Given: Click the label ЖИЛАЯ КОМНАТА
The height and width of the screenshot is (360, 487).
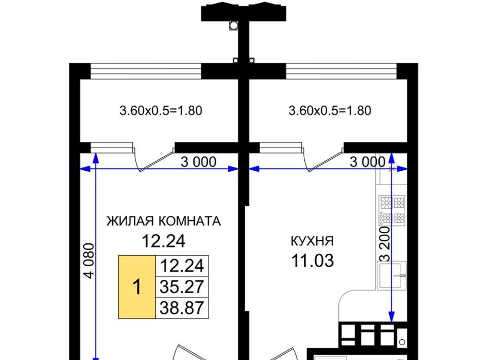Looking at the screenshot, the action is coord(164,221).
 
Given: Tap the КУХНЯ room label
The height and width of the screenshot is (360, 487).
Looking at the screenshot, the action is coord(312,241).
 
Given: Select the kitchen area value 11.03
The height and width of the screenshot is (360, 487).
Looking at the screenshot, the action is coord(312,261).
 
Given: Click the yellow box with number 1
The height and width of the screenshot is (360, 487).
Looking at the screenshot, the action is coord(137,287).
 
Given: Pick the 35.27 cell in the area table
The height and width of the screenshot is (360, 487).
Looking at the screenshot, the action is coord(182,287).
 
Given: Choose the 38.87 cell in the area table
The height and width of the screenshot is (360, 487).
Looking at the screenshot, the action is coord(182,308).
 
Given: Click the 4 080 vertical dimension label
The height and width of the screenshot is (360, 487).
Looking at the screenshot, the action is coord(89,261).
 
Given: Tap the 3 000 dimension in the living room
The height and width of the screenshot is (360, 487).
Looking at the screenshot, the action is coord(198,162).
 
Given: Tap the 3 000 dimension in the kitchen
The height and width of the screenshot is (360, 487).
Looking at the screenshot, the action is coord(368,162).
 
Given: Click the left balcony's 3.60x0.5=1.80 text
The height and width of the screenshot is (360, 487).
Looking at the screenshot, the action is coord(161,111).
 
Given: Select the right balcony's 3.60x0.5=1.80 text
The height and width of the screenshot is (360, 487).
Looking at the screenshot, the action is coord(330,111).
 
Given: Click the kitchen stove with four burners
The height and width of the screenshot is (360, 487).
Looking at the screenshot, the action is coord(392,210).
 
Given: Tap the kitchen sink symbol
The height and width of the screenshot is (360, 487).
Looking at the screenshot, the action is coord(392,275).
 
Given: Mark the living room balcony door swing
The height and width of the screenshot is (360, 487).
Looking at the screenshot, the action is coord(154,160).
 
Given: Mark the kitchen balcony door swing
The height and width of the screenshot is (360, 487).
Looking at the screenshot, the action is coord(323,160).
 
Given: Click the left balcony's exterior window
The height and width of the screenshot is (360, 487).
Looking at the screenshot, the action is coord(146,71).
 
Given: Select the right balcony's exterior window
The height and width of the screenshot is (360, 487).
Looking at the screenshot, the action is coord(341,71).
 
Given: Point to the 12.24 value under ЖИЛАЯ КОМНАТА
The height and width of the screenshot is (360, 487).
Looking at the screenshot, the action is coord(164,241).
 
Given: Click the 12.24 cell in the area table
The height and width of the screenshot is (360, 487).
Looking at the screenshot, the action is coord(182,266).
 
